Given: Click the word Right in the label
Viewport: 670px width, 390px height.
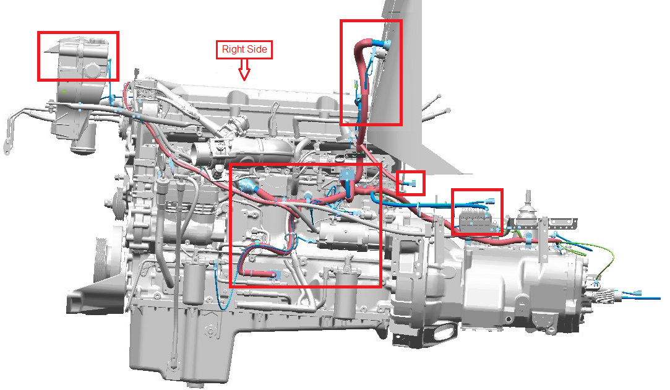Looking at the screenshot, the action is [233, 49].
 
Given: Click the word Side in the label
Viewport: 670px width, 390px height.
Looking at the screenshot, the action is [257, 49].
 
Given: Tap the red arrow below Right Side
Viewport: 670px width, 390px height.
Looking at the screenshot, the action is [244, 70].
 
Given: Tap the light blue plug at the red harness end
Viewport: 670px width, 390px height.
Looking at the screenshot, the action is [247, 186].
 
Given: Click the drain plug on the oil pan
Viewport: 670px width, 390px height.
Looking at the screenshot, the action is [209, 329].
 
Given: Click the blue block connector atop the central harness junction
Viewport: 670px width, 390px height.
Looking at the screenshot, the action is [346, 175].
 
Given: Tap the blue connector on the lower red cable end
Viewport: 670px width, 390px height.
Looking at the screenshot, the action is [275, 275].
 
